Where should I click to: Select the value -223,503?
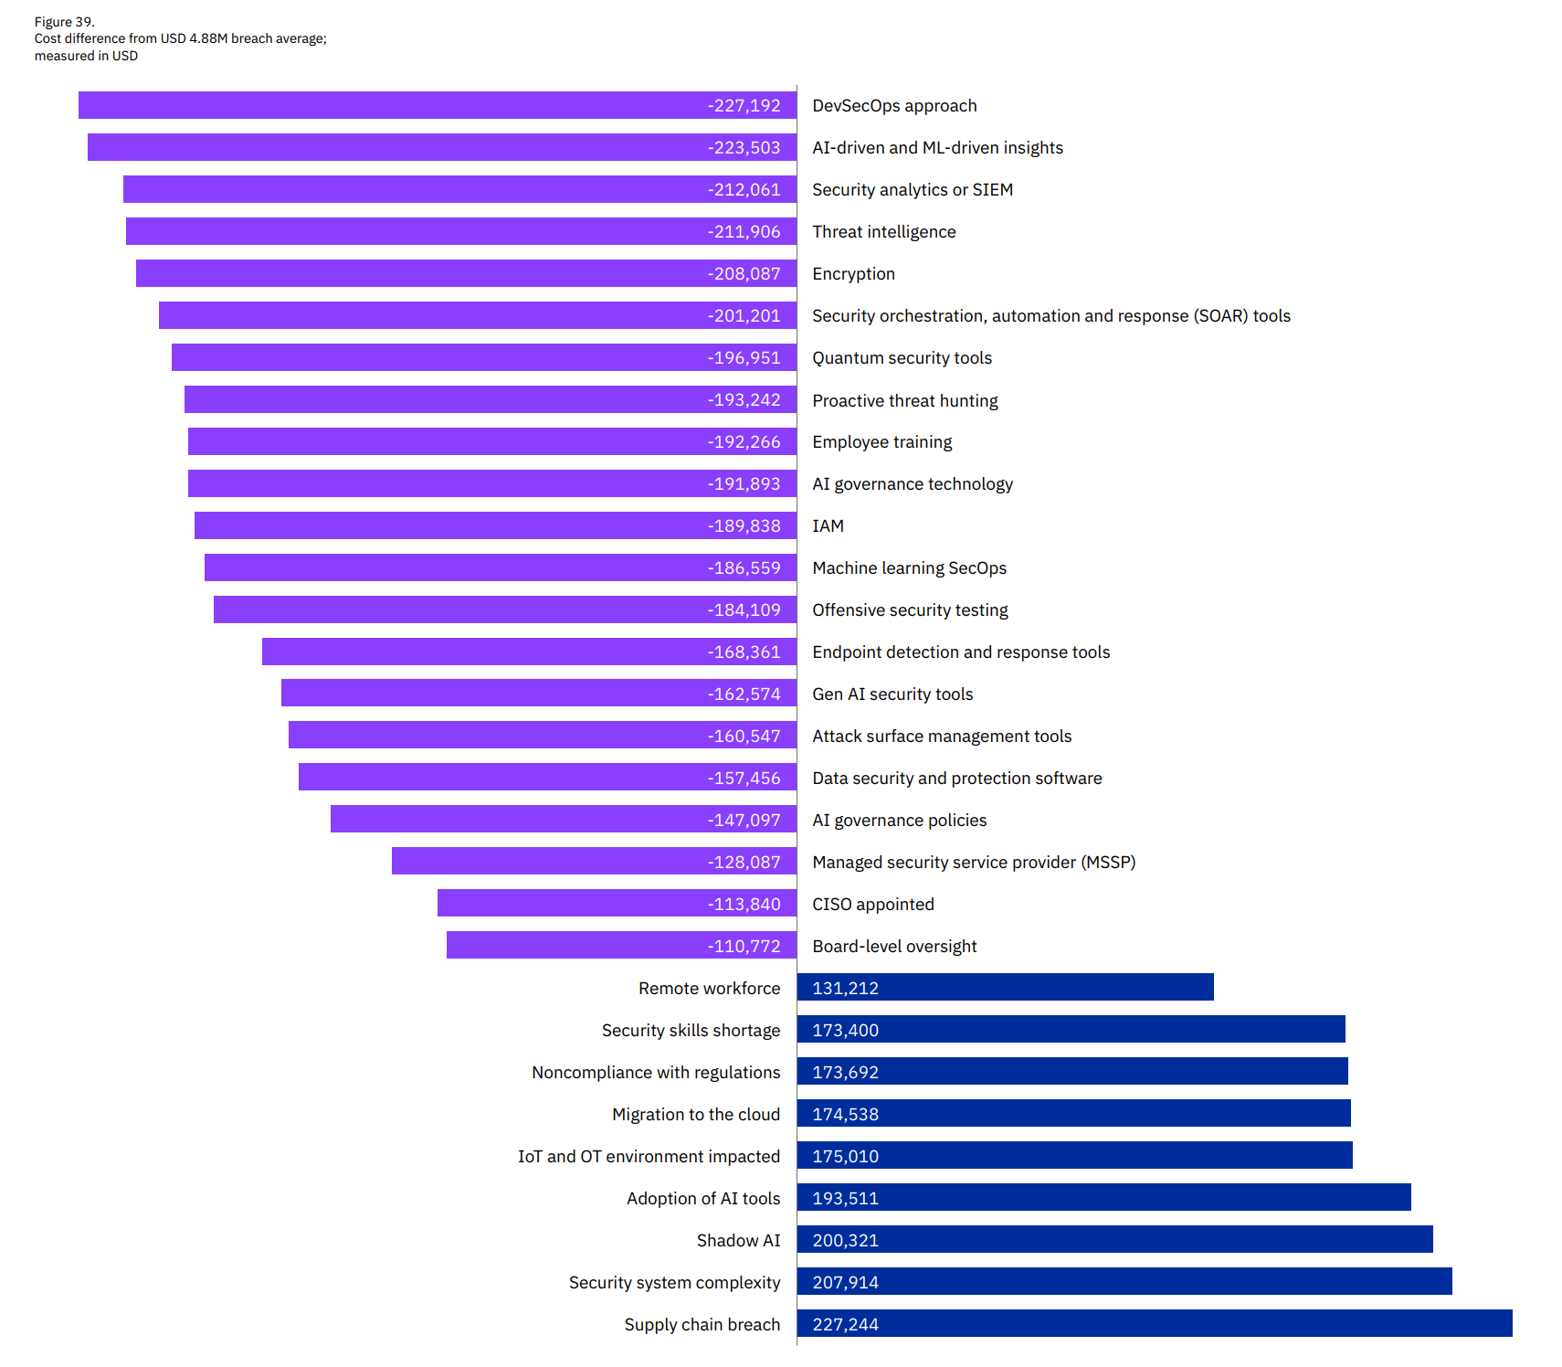(x=744, y=148)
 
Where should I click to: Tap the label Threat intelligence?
(x=883, y=232)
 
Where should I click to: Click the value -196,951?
(x=744, y=358)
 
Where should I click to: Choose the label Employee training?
(x=881, y=442)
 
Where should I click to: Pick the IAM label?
(x=828, y=526)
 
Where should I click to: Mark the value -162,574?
(x=744, y=694)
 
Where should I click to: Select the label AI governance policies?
(x=899, y=821)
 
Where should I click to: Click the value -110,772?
(x=744, y=947)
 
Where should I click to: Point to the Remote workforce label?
(x=709, y=989)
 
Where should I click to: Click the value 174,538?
(x=845, y=1115)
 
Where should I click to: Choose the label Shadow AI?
(x=738, y=1241)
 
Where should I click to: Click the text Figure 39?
(x=65, y=22)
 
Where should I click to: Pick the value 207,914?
(x=845, y=1283)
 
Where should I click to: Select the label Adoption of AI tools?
(x=702, y=1199)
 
